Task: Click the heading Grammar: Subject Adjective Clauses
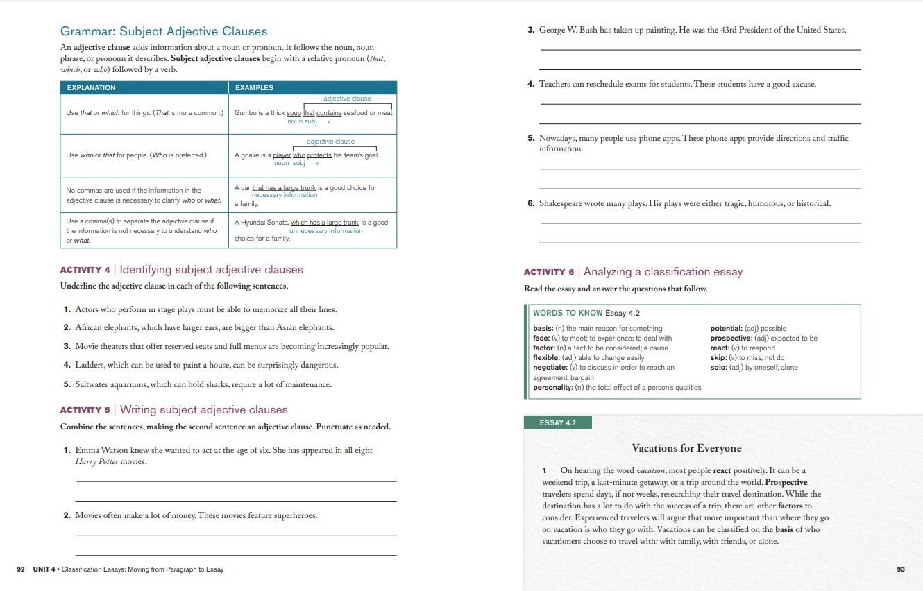click(164, 31)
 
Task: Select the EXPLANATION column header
click(91, 88)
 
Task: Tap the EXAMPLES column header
click(254, 88)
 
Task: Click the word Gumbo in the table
click(245, 113)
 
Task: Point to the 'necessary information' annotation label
click(284, 196)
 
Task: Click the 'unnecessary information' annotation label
click(325, 231)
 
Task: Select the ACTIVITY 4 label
click(85, 270)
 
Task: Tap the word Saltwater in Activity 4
click(93, 384)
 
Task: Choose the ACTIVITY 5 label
click(85, 410)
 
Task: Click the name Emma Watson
click(101, 450)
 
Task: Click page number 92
click(21, 569)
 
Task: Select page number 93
click(901, 569)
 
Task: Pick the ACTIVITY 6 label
click(548, 272)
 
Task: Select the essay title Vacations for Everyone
click(686, 448)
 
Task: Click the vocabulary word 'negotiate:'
click(550, 368)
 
